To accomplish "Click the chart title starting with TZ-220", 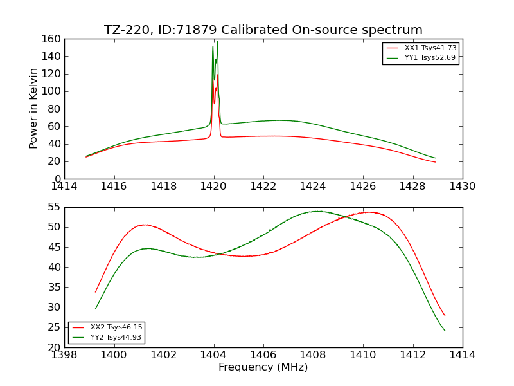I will pos(263,30).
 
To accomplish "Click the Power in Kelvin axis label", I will pos(33,109).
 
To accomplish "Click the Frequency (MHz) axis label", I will pos(263,367).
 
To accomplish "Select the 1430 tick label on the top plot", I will pos(463,187).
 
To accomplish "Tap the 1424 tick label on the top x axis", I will pos(314,187).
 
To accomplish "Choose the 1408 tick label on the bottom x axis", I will pos(314,355).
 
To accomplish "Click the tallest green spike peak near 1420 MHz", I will pos(217,42).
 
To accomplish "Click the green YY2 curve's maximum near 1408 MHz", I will pos(316,211).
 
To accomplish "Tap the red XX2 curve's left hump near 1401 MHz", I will pos(145,225).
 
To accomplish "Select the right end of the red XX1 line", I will pos(436,162).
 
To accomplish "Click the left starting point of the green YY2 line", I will pos(96,309).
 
